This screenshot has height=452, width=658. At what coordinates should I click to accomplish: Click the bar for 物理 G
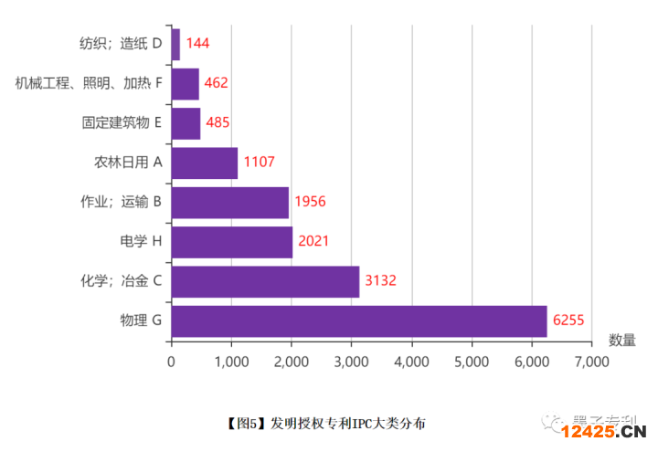pyautogui.click(x=358, y=321)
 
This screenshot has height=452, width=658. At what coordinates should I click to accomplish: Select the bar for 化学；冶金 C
pyautogui.click(x=265, y=280)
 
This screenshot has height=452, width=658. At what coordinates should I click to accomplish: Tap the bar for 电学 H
pyautogui.click(x=231, y=241)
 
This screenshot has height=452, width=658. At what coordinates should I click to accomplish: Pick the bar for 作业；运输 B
pyautogui.click(x=229, y=202)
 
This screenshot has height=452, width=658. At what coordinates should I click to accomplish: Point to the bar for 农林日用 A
pyautogui.click(x=204, y=163)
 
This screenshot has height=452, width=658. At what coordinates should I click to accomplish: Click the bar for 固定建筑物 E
pyautogui.click(x=186, y=122)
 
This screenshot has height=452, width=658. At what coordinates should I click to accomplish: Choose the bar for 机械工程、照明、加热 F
pyautogui.click(x=185, y=83)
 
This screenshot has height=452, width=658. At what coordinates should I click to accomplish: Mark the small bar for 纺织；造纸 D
pyautogui.click(x=175, y=43)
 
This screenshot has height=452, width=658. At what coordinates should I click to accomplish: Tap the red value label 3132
pyautogui.click(x=380, y=280)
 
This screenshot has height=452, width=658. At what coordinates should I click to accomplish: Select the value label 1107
pyautogui.click(x=259, y=163)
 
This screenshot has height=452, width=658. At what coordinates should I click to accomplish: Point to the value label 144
pyautogui.click(x=198, y=43)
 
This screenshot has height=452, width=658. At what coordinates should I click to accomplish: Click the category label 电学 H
pyautogui.click(x=141, y=241)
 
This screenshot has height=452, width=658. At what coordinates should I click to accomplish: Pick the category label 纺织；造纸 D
pyautogui.click(x=121, y=43)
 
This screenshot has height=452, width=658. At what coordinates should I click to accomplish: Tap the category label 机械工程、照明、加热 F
pyautogui.click(x=89, y=83)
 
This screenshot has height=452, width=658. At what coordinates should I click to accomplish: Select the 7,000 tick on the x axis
pyautogui.click(x=591, y=361)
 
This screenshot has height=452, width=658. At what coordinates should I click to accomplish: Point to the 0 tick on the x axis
pyautogui.click(x=171, y=361)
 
